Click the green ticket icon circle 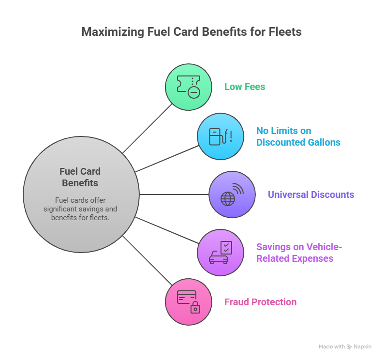point(189,87)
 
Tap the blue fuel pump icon point(221,136)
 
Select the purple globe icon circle point(232,195)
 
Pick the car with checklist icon point(221,253)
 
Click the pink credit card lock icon point(189,302)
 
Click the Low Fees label point(245,87)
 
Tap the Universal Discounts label point(310,195)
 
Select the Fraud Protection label point(260,302)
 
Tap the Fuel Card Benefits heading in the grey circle point(80,177)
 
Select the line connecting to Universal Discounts point(174,195)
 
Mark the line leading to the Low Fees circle point(147,129)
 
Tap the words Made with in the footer point(332,347)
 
